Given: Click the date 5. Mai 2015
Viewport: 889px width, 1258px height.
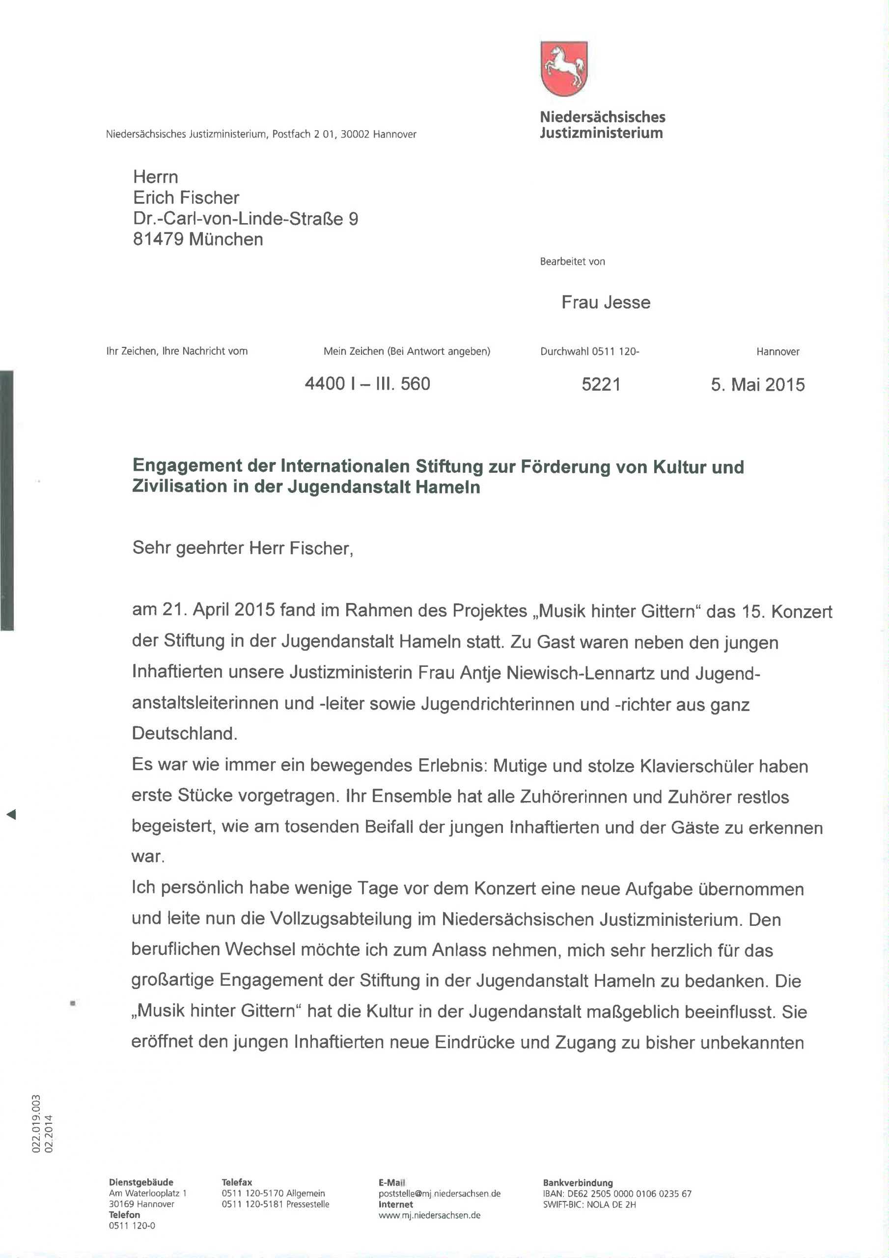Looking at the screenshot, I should (x=757, y=385).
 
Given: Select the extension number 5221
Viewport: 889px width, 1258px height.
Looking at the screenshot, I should (x=601, y=385).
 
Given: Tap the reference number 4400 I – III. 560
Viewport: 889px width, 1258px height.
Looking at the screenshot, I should (x=367, y=383).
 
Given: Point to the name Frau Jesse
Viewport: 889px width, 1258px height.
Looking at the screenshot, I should (x=605, y=302).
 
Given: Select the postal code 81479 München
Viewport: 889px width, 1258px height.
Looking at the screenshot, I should (x=198, y=239).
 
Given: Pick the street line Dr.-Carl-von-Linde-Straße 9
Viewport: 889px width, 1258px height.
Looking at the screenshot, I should (x=246, y=219).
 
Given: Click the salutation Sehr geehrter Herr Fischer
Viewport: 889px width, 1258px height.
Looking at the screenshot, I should (x=243, y=548).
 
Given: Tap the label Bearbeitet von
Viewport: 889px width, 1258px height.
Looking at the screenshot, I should (x=572, y=261).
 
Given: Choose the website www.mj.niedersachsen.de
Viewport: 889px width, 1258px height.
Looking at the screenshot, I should (x=429, y=1215).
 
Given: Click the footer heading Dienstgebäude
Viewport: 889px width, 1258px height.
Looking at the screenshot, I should (x=141, y=1182).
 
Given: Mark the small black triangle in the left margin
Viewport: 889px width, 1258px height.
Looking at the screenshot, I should (x=11, y=815).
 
